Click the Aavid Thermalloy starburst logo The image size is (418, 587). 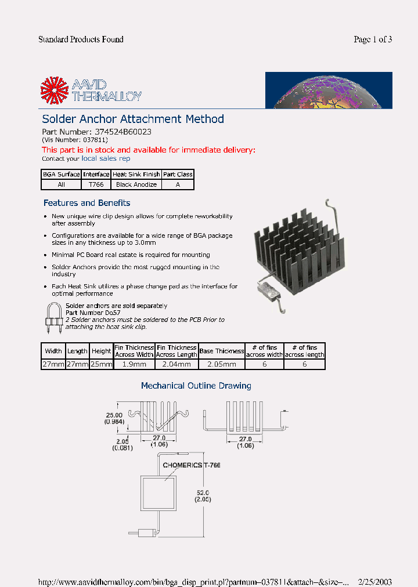pos(54,91)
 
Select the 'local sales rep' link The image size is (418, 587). pos(106,158)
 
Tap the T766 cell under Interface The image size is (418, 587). pos(96,184)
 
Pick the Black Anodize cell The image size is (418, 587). pos(136,184)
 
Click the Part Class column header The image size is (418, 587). pos(178,174)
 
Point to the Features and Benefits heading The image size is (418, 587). pos(87,203)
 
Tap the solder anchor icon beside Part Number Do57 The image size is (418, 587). pos(53,318)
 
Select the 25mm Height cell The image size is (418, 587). pos(101,364)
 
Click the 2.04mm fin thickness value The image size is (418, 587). pos(177,364)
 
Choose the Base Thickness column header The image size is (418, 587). pos(222,351)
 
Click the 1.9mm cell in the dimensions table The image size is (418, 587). pos(134,364)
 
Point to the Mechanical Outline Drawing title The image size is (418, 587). pos(196,386)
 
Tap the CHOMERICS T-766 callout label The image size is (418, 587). pos(191,465)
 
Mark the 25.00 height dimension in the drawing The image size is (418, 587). pos(114,415)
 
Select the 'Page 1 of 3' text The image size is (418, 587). pos(373,39)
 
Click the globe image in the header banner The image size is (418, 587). pos(329,90)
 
